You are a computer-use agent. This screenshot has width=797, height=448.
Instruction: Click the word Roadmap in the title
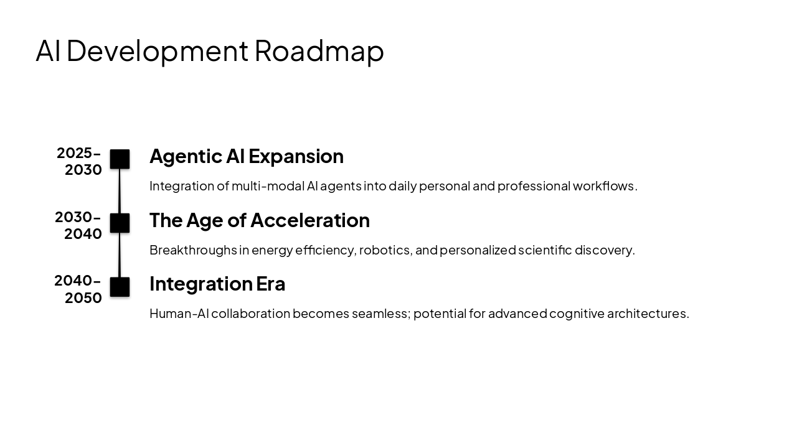tap(319, 51)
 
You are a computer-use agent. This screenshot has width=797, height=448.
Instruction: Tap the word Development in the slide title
tap(157, 51)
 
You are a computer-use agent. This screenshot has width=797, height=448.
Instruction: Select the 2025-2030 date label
tap(79, 161)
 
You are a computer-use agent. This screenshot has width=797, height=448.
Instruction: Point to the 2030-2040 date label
tap(78, 225)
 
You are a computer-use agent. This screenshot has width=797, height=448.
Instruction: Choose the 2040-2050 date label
tap(78, 289)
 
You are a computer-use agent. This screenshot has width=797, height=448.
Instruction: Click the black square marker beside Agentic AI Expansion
tap(120, 159)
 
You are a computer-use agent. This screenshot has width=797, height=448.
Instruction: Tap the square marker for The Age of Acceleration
tap(120, 223)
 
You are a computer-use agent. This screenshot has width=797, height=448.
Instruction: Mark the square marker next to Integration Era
tap(120, 287)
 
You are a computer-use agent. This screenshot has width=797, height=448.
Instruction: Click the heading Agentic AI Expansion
tap(246, 156)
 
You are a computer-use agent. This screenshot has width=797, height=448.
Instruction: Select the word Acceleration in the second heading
tap(310, 220)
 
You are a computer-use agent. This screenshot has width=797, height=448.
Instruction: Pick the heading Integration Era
tap(217, 284)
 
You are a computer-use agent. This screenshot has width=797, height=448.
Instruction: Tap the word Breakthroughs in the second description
tap(193, 250)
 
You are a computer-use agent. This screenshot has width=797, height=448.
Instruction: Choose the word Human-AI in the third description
tap(179, 314)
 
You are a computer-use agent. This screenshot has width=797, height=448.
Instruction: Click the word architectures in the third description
tap(648, 314)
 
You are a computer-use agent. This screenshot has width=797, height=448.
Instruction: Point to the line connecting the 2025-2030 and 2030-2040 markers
tap(120, 191)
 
